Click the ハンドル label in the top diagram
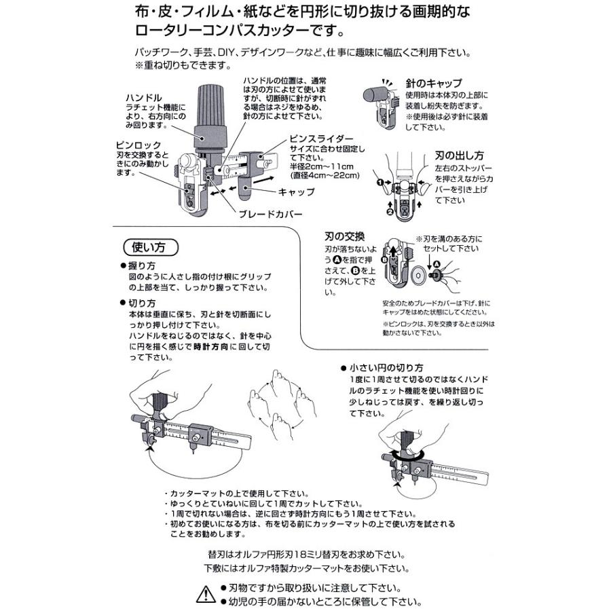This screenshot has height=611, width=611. tap(143, 98)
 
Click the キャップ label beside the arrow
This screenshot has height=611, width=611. tap(297, 192)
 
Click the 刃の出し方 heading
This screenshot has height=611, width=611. tap(453, 155)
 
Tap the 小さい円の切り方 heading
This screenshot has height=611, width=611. tap(388, 367)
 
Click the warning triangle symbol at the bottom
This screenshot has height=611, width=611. tap(206, 595)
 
